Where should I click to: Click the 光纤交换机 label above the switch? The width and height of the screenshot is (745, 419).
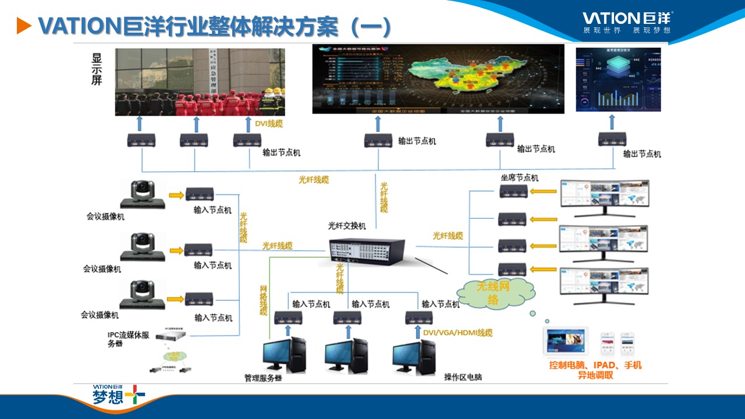pyautogui.click(x=347, y=226)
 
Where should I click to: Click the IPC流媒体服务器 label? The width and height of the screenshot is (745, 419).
pyautogui.click(x=129, y=339)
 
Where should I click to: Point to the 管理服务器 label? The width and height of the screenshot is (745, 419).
pyautogui.click(x=263, y=378)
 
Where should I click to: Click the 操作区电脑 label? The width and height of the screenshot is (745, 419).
pyautogui.click(x=463, y=377)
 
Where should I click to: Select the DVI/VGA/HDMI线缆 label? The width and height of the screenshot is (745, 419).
pyautogui.click(x=457, y=333)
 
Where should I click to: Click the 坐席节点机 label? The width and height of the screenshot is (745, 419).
pyautogui.click(x=520, y=177)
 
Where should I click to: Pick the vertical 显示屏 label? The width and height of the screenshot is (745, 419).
pyautogui.click(x=97, y=69)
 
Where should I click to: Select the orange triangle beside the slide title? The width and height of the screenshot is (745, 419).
pyautogui.click(x=23, y=25)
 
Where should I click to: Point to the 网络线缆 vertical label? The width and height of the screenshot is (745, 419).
pyautogui.click(x=263, y=300)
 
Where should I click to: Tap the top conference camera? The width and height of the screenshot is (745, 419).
pyautogui.click(x=142, y=194)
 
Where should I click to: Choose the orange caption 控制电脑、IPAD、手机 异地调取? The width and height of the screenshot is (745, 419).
pyautogui.click(x=595, y=370)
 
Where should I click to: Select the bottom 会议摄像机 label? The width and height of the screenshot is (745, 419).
pyautogui.click(x=100, y=315)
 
